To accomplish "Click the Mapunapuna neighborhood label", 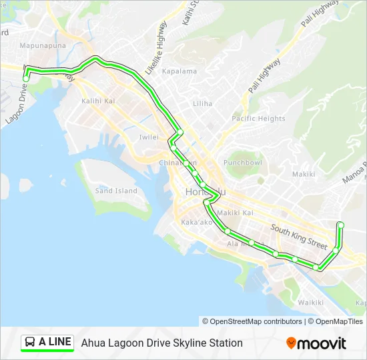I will click(41, 46).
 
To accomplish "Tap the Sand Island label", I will click(116, 191).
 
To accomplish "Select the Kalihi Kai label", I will click(99, 101).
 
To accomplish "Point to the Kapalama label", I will click(179, 71).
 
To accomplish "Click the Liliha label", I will click(202, 104).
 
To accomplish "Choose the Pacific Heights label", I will click(258, 119).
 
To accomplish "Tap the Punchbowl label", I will click(243, 163).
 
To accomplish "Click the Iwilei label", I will click(149, 137).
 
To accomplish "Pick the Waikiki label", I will click(310, 303).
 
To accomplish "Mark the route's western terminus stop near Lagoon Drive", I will click(26, 78).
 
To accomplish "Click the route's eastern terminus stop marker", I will click(341, 225).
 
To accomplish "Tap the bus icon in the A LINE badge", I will click(30, 343).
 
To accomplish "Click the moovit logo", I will click(316, 343).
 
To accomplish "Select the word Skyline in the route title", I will click(182, 343).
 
